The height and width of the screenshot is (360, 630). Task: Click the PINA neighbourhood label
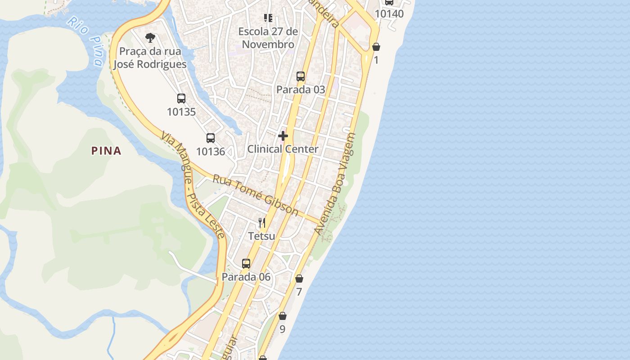106,151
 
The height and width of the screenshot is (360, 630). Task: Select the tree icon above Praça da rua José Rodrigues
150,38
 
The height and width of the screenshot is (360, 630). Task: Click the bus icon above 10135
181,99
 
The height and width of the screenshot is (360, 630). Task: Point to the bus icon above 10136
211,138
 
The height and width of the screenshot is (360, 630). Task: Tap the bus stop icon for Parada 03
301,76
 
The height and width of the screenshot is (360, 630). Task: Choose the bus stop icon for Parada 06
246,264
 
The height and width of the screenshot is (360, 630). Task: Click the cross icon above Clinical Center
283,135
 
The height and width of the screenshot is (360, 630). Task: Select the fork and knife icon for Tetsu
262,223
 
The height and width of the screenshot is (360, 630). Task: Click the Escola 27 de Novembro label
268,38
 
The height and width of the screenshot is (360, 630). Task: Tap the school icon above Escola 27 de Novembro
268,18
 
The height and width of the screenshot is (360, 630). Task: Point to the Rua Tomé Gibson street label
255,195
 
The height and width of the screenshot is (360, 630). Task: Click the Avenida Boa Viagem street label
335,184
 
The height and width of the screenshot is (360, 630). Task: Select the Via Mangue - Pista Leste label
193,185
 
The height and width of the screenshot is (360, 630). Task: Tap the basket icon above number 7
299,279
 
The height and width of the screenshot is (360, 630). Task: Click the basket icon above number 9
283,316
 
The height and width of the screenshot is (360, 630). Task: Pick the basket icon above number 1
376,47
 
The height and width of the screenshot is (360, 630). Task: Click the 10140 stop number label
389,13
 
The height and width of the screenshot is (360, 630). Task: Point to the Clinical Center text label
283,149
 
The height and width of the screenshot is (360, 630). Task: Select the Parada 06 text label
246,277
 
